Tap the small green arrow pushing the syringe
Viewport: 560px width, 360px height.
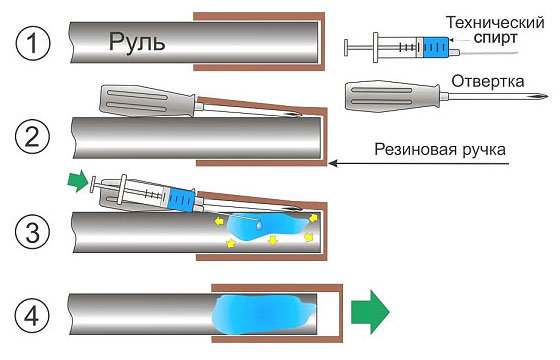tap(76, 181)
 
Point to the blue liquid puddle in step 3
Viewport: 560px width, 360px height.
tap(262, 229)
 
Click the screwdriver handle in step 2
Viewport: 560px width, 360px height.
tap(140, 99)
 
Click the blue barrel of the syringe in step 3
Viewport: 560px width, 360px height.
tap(183, 199)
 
